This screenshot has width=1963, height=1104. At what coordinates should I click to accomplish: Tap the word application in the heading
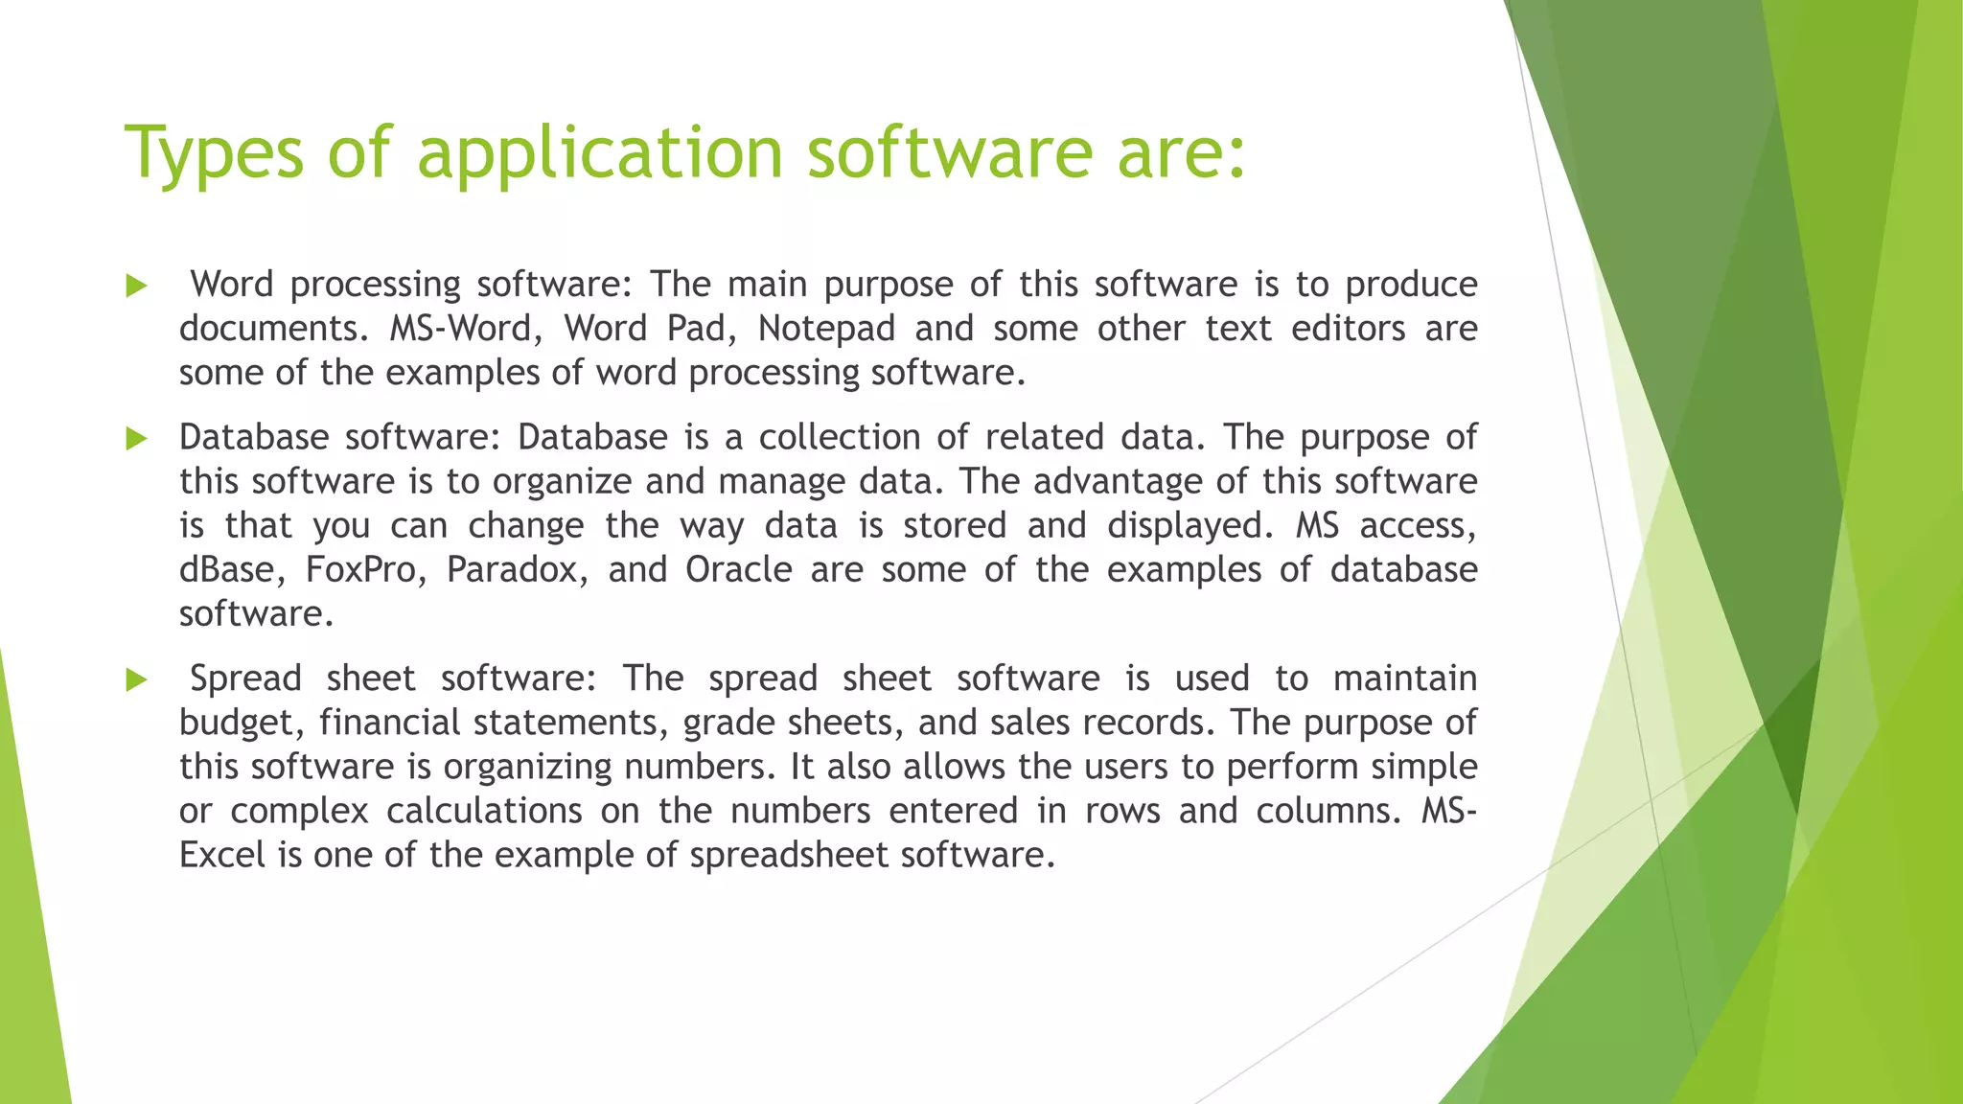(x=600, y=153)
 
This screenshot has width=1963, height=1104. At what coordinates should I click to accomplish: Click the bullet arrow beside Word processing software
(x=136, y=286)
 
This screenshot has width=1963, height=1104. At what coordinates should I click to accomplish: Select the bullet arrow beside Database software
(x=136, y=439)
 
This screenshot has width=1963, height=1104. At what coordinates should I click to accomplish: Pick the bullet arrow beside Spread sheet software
(x=136, y=680)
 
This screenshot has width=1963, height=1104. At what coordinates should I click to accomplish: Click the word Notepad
(x=826, y=329)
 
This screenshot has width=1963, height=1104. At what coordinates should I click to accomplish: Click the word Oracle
(x=738, y=570)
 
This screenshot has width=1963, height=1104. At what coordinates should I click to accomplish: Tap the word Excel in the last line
(x=222, y=855)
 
